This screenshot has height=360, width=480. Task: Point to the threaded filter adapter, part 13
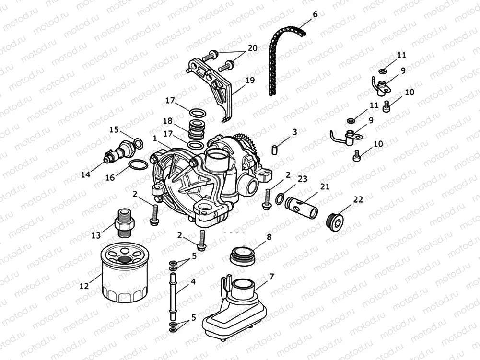pos(124,222)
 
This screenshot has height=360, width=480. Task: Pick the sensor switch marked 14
pos(117,151)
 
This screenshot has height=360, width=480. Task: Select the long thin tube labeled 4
pos(172,295)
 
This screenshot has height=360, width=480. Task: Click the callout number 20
pos(252,48)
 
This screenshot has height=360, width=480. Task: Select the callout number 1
pos(155,138)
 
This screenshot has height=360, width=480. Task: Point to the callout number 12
pos(84,287)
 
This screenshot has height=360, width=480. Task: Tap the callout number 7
pos(271,277)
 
